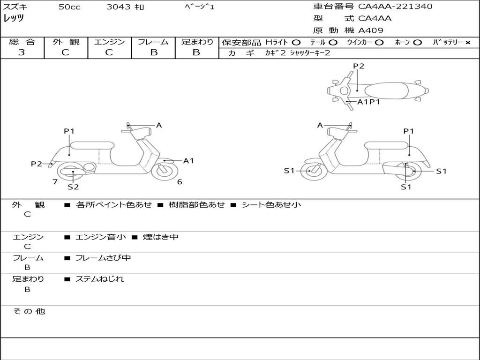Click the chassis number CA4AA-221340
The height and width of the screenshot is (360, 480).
(x=395, y=7)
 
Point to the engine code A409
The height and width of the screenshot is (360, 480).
(x=371, y=30)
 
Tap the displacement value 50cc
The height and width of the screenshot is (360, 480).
(x=69, y=7)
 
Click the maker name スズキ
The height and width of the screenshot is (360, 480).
(x=15, y=7)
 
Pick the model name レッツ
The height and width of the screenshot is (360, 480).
(x=14, y=19)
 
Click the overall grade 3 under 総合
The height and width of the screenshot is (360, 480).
(x=22, y=52)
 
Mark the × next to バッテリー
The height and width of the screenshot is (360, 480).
(x=467, y=43)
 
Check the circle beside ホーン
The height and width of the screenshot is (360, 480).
(x=417, y=43)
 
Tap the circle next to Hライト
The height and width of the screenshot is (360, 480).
(x=296, y=43)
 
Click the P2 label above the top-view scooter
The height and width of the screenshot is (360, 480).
(x=359, y=66)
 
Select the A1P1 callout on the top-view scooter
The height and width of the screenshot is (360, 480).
(x=368, y=102)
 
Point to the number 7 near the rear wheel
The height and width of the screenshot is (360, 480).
(x=55, y=182)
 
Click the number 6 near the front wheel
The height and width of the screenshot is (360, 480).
(x=180, y=182)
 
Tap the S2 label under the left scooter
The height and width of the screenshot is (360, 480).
(x=73, y=187)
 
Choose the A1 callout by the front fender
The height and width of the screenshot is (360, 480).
(x=188, y=161)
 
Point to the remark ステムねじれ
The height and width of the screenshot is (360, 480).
(x=100, y=279)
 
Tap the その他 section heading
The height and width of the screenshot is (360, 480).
(x=29, y=311)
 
